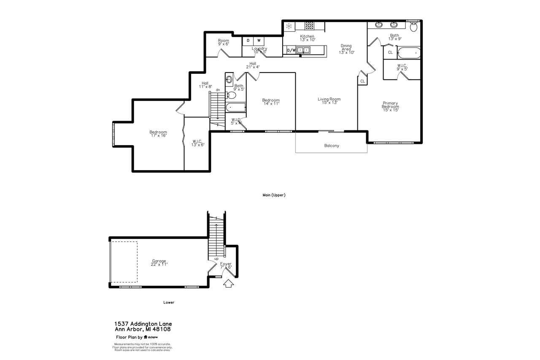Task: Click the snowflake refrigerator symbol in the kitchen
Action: [289, 26]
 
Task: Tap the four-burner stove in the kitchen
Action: [309, 25]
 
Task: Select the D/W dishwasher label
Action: [291, 50]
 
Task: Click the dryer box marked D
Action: [248, 41]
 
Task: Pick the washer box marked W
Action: [259, 41]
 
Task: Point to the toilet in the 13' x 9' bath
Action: [414, 27]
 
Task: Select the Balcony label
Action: [331, 146]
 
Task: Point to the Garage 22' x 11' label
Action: [159, 263]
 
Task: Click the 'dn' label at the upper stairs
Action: [218, 90]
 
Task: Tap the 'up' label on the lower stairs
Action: [216, 259]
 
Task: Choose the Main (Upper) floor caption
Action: [274, 195]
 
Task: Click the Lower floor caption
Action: [169, 302]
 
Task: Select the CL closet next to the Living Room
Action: [362, 81]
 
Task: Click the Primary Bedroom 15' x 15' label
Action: [390, 105]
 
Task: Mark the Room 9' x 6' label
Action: [224, 42]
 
